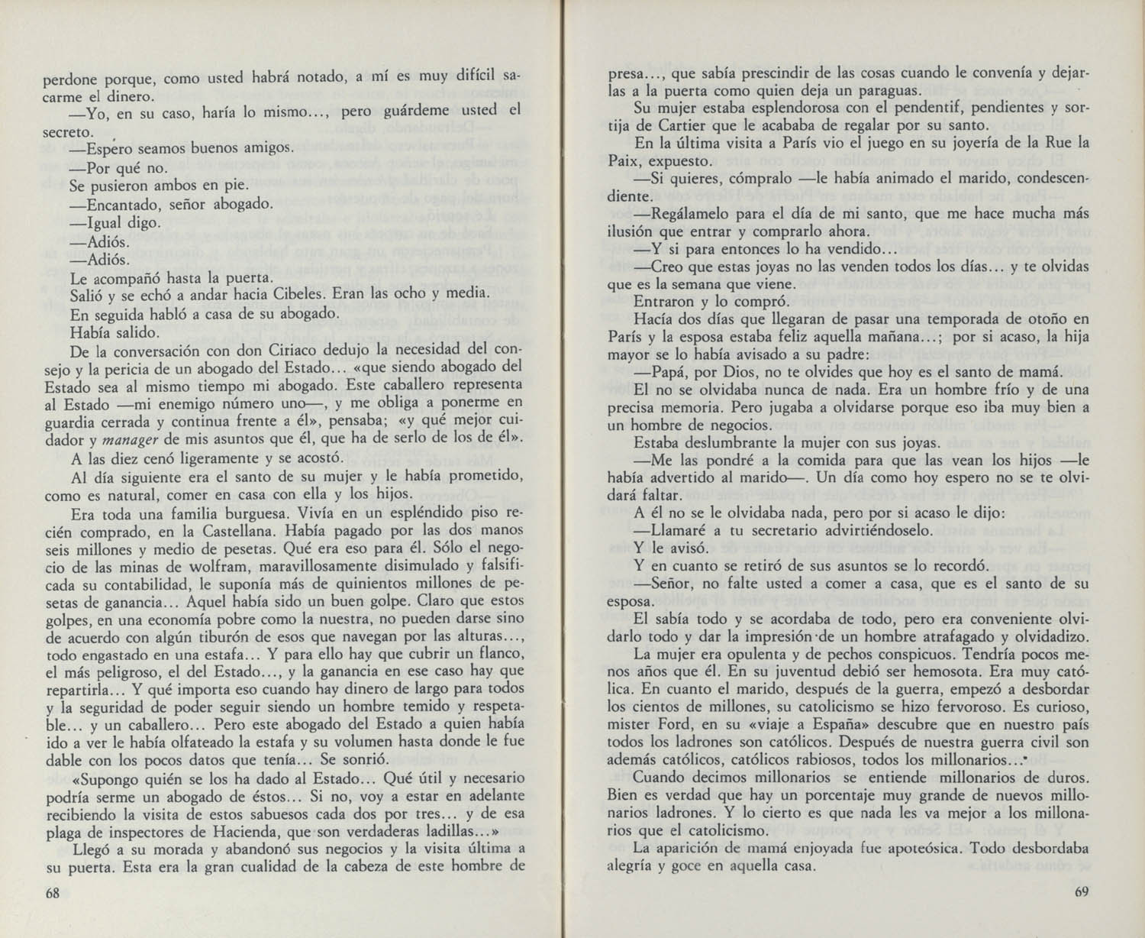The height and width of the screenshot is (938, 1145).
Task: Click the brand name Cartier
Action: pyautogui.click(x=681, y=126)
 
